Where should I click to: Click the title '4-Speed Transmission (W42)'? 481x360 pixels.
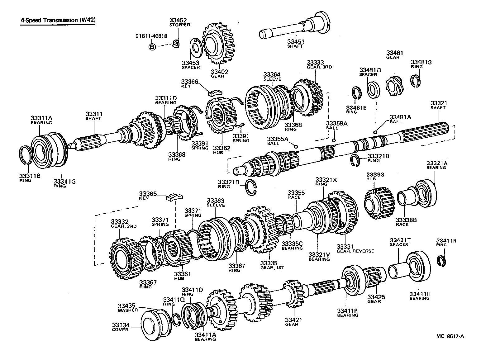(58, 20)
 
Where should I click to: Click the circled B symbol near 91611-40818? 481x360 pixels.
(152, 47)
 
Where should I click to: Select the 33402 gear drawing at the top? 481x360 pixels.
(218, 44)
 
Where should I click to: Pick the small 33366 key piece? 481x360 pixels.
(215, 92)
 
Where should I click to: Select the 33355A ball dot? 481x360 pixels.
(296, 147)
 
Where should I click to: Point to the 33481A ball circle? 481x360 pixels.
(376, 132)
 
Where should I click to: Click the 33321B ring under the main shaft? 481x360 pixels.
(355, 159)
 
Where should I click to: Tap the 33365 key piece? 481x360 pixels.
(175, 197)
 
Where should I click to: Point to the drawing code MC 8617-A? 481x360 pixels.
(450, 336)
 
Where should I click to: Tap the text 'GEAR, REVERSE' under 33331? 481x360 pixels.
(355, 251)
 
